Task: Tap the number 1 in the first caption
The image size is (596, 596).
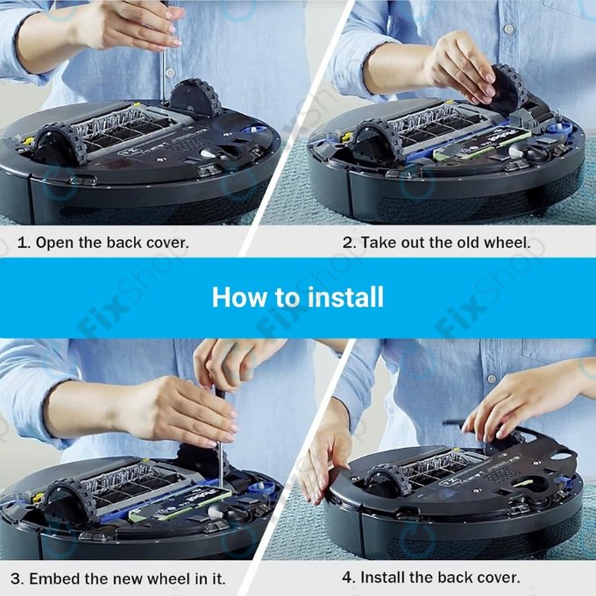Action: [x=22, y=242]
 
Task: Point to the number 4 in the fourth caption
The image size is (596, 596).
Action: [x=347, y=578]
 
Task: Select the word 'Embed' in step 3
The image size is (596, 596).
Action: [x=55, y=578]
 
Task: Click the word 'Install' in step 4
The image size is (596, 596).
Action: [x=382, y=578]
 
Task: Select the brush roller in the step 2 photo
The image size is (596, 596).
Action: [x=434, y=123]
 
